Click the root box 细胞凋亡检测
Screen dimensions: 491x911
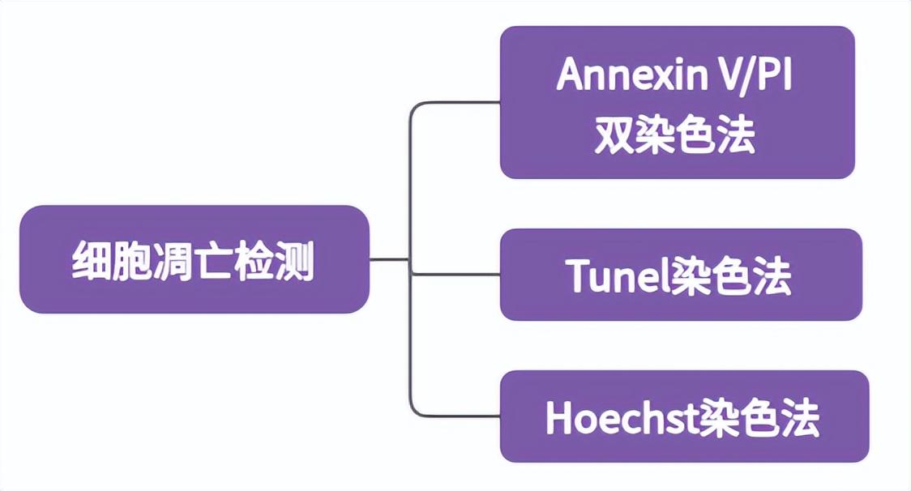point(195,259)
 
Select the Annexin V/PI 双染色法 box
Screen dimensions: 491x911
point(677,102)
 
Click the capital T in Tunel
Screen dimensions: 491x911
point(579,276)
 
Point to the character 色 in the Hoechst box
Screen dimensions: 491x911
point(763,418)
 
